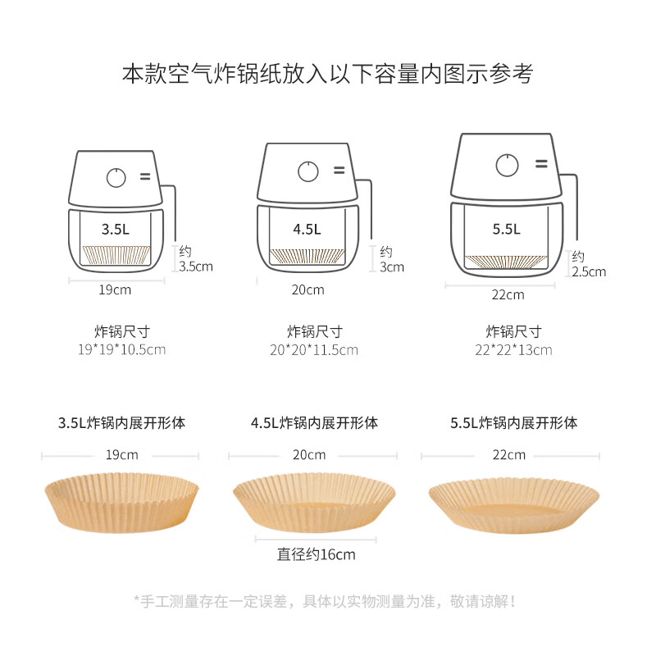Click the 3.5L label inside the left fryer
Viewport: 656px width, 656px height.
pyautogui.click(x=115, y=229)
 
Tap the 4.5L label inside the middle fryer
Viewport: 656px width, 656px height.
pyautogui.click(x=307, y=229)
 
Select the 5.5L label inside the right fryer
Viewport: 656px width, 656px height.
pyautogui.click(x=507, y=229)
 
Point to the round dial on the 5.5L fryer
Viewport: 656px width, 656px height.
pyautogui.click(x=507, y=166)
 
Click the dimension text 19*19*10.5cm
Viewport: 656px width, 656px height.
pyautogui.click(x=122, y=349)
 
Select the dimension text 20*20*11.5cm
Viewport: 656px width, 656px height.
pyautogui.click(x=314, y=349)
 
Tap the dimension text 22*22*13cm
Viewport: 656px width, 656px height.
pyautogui.click(x=514, y=349)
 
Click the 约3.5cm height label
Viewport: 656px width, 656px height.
pyautogui.click(x=195, y=258)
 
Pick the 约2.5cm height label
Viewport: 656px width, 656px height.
pyautogui.click(x=589, y=264)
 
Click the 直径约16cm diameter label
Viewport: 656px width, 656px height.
pyautogui.click(x=316, y=554)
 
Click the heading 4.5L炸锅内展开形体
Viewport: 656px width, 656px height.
pyautogui.click(x=314, y=423)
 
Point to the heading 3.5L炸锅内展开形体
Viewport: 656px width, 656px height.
pyautogui.click(x=121, y=423)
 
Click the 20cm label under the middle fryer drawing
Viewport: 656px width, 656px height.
pyautogui.click(x=307, y=289)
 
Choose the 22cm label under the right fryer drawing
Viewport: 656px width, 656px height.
pyautogui.click(x=508, y=294)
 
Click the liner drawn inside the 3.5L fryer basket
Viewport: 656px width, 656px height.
pyautogui.click(x=116, y=254)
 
